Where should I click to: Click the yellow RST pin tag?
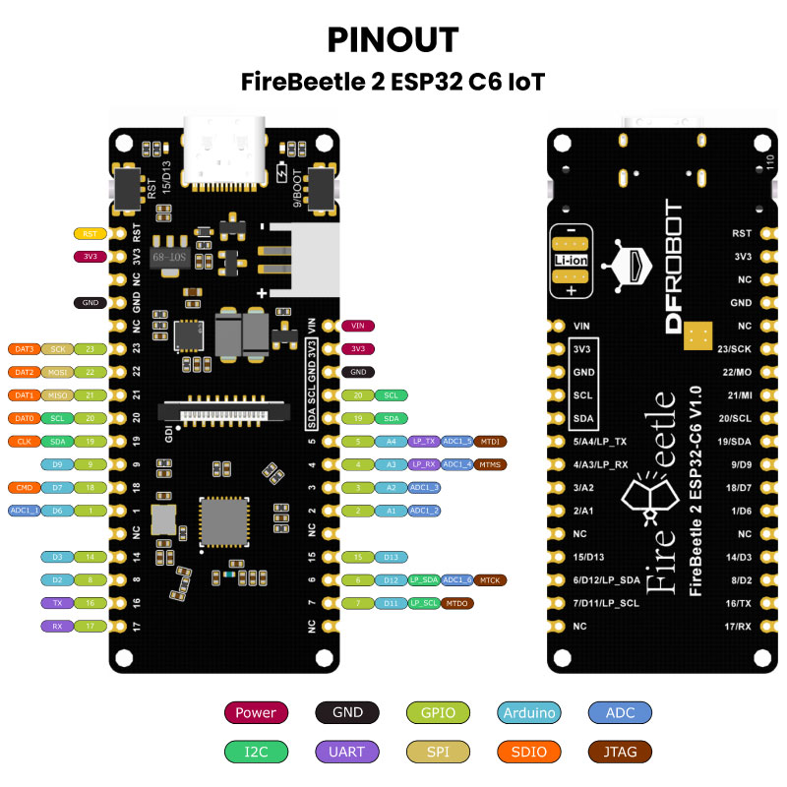pyautogui.click(x=90, y=234)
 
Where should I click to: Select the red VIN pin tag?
pyautogui.click(x=358, y=326)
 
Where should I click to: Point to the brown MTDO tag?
pyautogui.click(x=456, y=603)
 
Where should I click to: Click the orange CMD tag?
pyautogui.click(x=24, y=487)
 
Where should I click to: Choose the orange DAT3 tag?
pyautogui.click(x=24, y=349)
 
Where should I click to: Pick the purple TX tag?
pyautogui.click(x=56, y=603)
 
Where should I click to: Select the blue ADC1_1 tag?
pyautogui.click(x=24, y=511)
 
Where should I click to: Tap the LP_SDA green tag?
pyautogui.click(x=424, y=580)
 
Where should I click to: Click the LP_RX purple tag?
pyautogui.click(x=424, y=464)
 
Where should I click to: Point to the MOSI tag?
pyautogui.click(x=56, y=373)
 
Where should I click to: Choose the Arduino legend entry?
pyautogui.click(x=529, y=713)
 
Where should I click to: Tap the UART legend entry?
pyautogui.click(x=348, y=753)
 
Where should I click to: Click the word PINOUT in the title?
pyautogui.click(x=393, y=39)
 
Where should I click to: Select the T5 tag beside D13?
pyautogui.click(x=358, y=557)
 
